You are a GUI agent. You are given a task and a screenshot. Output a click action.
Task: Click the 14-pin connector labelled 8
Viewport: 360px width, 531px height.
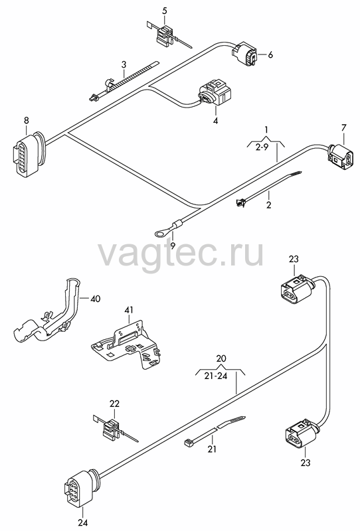[x=29, y=153]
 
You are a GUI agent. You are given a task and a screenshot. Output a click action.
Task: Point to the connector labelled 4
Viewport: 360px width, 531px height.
[x=215, y=92]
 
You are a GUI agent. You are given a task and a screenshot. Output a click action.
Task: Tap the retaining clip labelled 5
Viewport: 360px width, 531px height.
[x=167, y=35]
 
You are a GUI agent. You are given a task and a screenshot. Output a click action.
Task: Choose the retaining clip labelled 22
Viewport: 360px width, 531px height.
[x=113, y=428]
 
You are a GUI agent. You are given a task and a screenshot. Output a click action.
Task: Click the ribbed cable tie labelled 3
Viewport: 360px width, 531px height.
[x=123, y=81]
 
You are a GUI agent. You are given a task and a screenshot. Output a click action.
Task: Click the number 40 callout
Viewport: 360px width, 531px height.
[x=96, y=299]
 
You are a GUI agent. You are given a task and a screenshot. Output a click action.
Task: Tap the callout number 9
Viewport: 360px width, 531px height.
[x=173, y=246]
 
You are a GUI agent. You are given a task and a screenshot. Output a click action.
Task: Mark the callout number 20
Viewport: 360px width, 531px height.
[x=221, y=358]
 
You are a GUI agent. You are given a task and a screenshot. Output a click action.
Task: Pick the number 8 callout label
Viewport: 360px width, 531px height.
[x=27, y=120]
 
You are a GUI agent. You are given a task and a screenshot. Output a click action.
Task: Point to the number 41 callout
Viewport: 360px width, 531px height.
[x=129, y=310]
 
